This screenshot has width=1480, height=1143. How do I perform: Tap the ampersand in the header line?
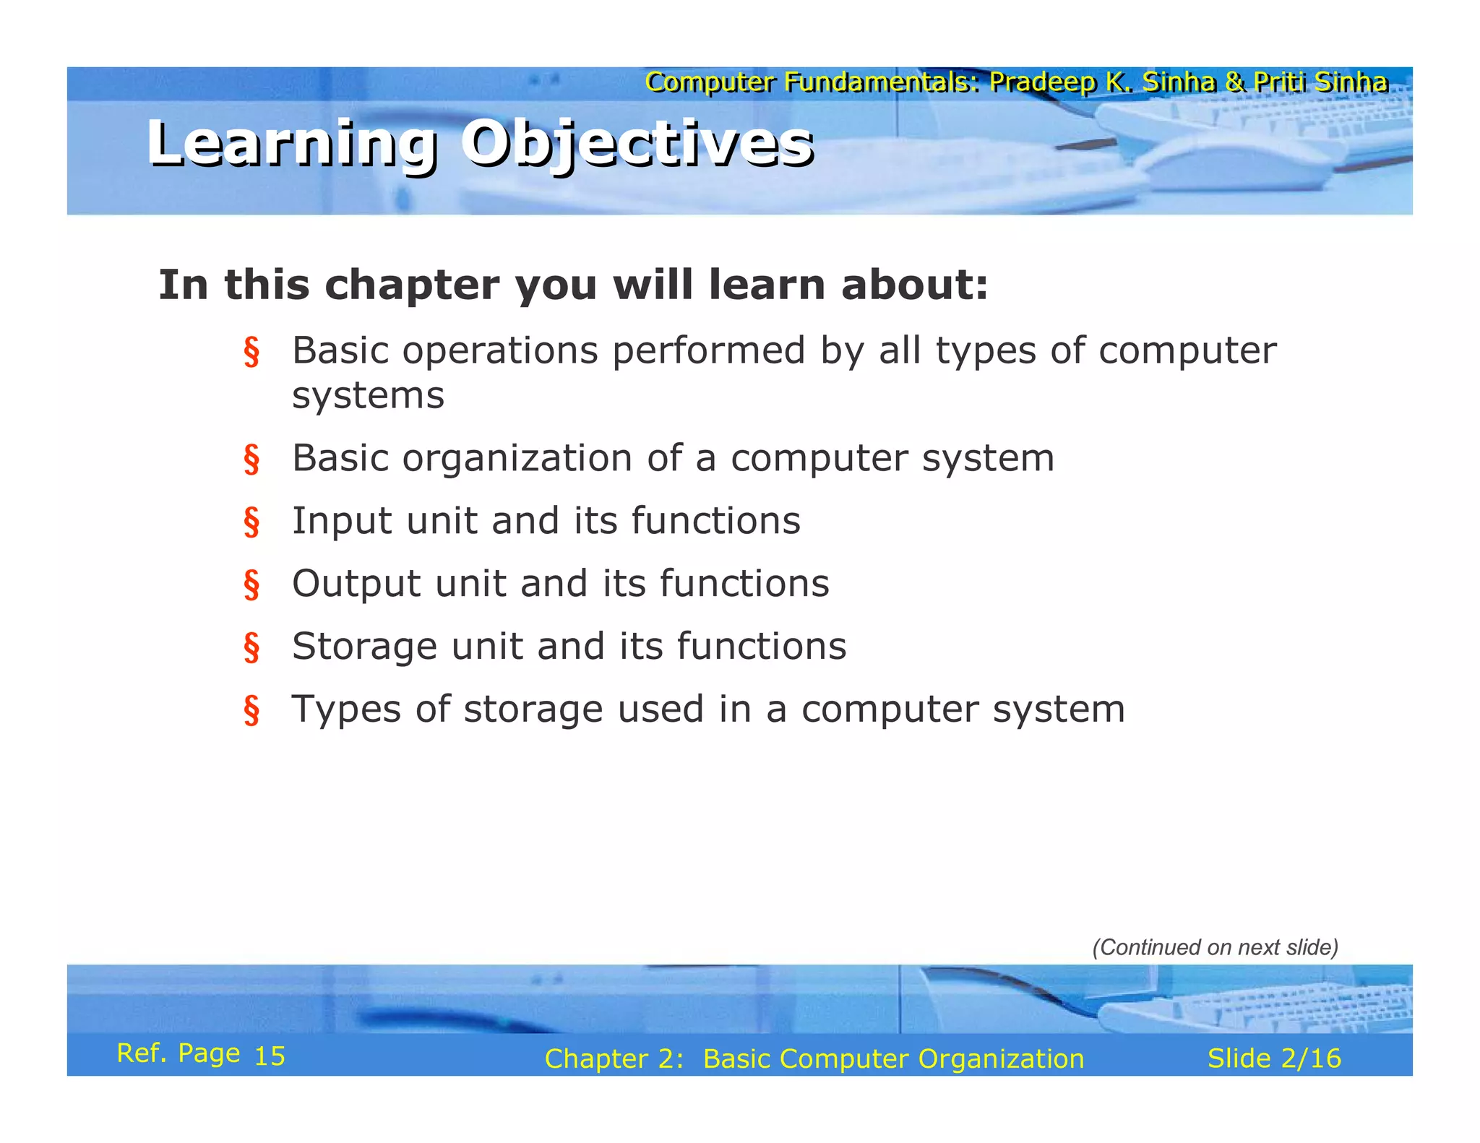[x=1234, y=82]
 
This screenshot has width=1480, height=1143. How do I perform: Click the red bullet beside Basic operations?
[x=251, y=352]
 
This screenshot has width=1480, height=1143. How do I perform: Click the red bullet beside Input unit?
[x=251, y=522]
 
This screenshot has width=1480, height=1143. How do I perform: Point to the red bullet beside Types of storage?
[x=251, y=710]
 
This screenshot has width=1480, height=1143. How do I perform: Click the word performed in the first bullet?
[x=708, y=351]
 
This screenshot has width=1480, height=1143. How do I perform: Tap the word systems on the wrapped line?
[x=368, y=396]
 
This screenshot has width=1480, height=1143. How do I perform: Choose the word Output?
[x=356, y=584]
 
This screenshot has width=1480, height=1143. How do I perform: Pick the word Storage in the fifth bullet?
[x=364, y=647]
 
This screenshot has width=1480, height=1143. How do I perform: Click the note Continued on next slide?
[x=1215, y=947]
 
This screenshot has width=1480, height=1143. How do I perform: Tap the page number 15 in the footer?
[x=270, y=1056]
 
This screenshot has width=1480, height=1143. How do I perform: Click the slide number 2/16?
[x=1310, y=1058]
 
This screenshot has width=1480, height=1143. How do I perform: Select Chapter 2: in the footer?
[x=614, y=1059]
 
